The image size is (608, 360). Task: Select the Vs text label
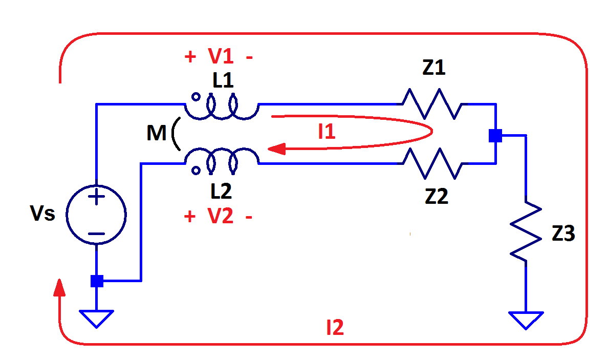pos(42,213)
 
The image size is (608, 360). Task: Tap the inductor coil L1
pos(222,108)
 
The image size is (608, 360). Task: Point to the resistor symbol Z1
pos(432,104)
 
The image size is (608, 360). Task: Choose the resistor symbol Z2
pos(432,163)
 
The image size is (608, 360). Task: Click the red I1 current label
pos(327,132)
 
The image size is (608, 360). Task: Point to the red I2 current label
pos(335,328)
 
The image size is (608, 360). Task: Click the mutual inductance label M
pos(156,134)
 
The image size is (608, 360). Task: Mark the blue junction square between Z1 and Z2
pos(495,136)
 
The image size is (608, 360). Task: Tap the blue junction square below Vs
pos(97,281)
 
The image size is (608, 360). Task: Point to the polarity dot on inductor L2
pos(196,171)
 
